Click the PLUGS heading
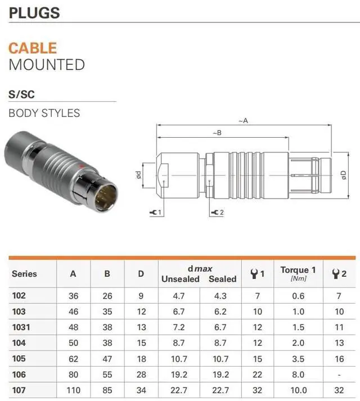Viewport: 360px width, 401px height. (x=34, y=13)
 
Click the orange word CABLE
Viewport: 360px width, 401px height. (x=33, y=48)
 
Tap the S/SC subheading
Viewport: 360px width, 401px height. (x=21, y=94)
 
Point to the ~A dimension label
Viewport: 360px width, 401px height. (x=244, y=120)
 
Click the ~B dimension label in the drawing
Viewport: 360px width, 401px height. (x=217, y=133)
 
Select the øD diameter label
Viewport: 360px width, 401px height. (x=344, y=175)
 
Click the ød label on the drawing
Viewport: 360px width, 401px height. (x=138, y=175)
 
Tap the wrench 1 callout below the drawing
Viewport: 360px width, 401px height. (x=156, y=212)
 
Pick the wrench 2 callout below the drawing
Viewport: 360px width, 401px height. (x=218, y=212)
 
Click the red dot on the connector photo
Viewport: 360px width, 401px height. (x=82, y=166)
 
